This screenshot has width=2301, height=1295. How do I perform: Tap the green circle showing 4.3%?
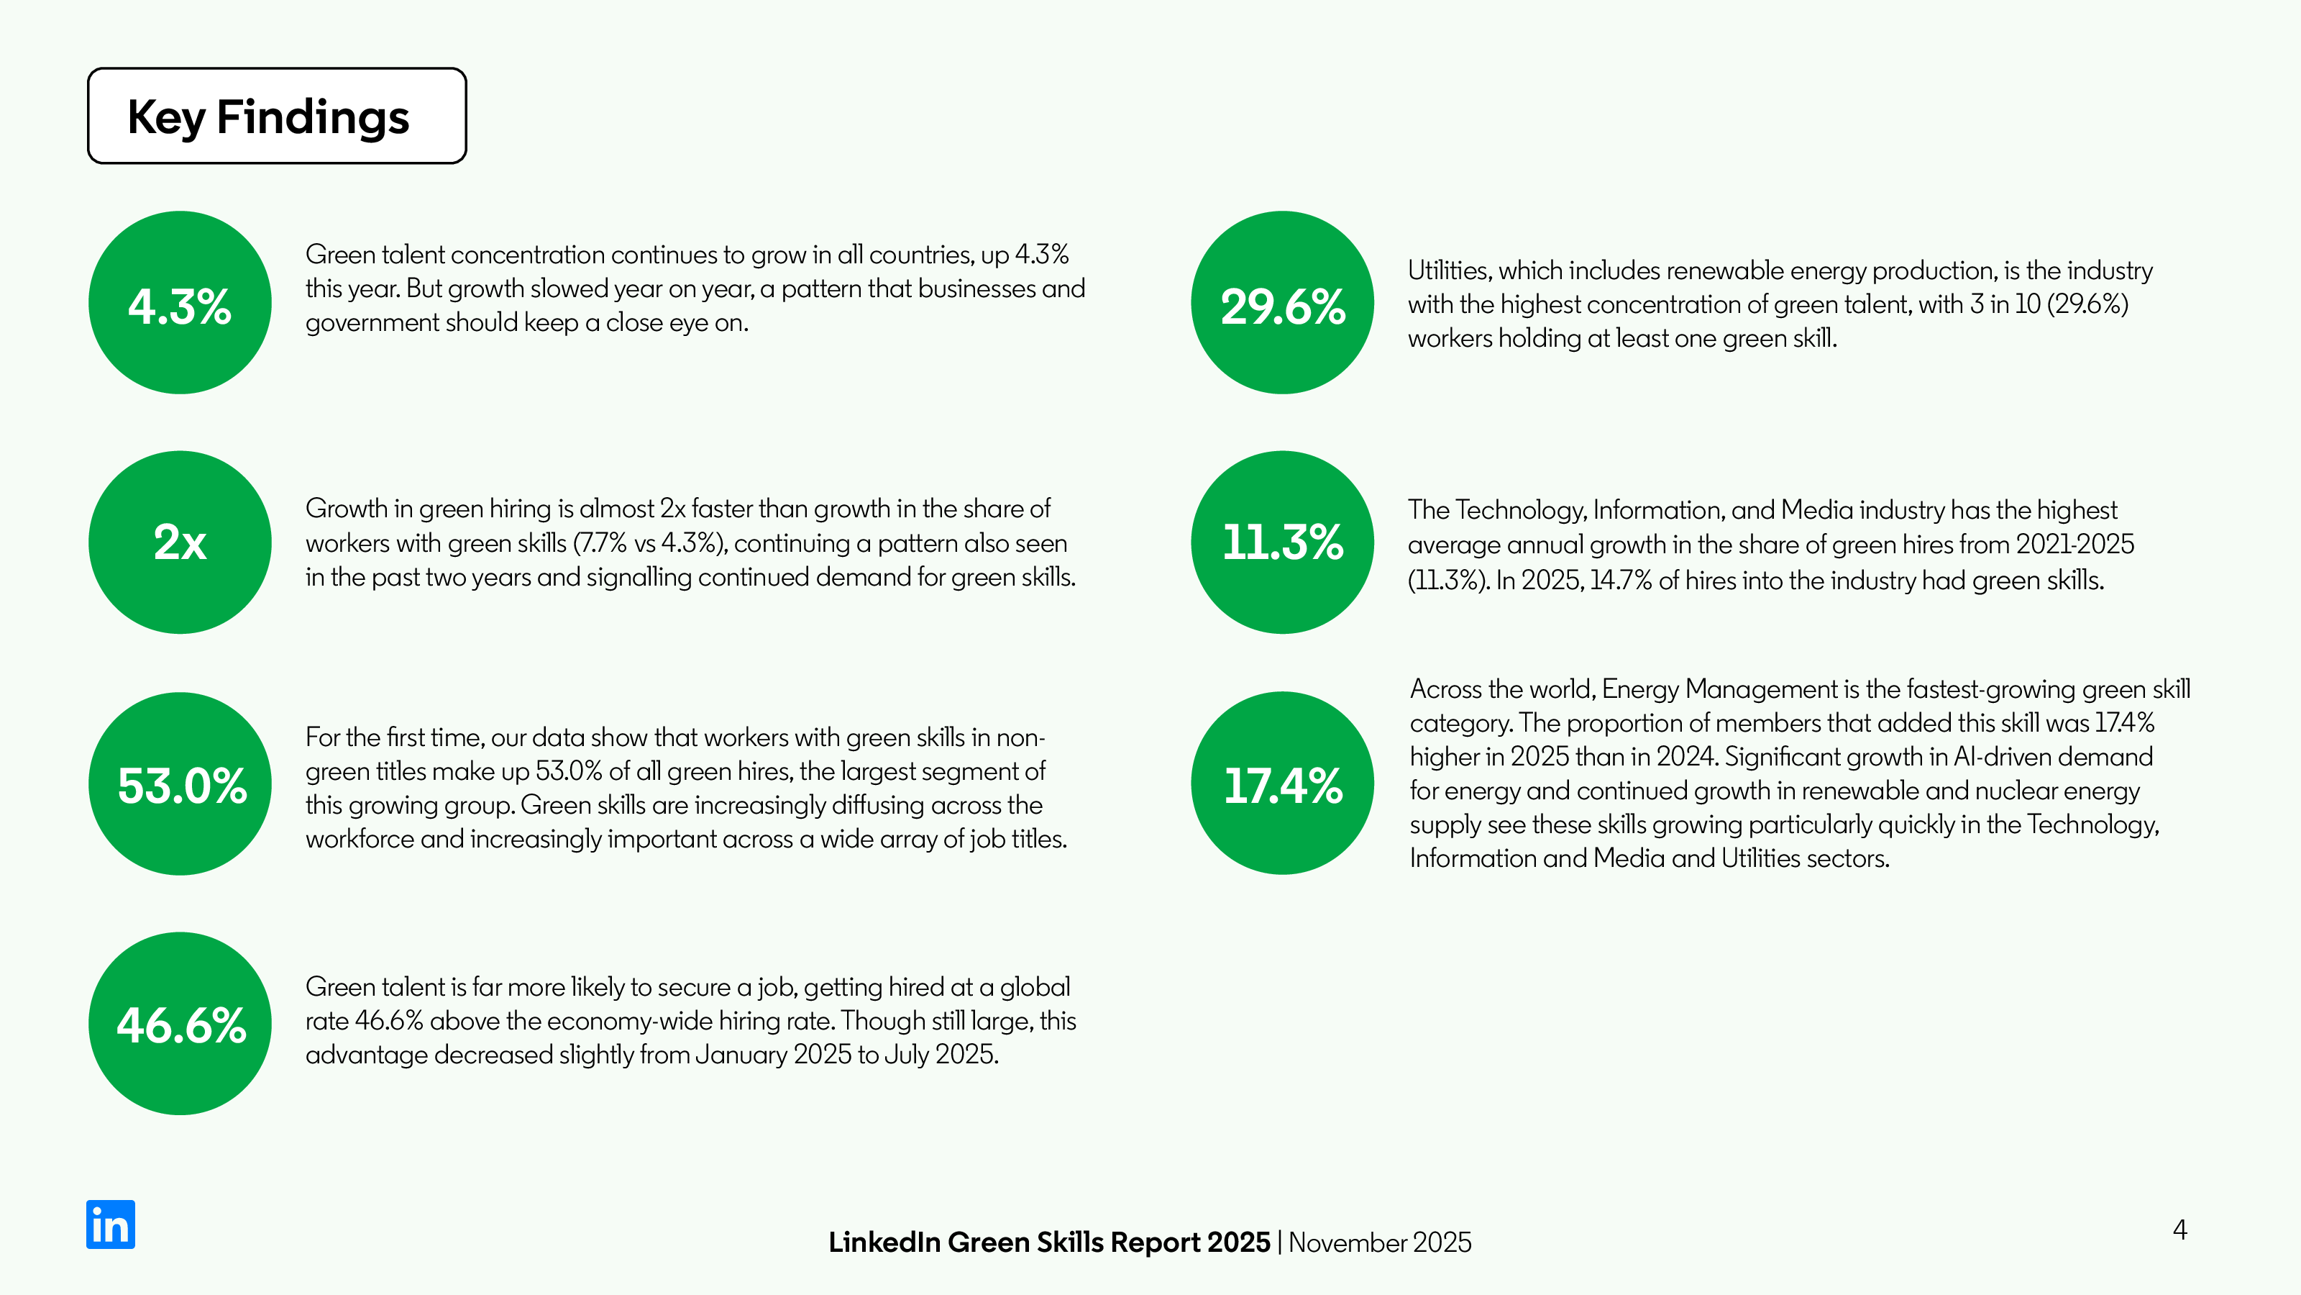(180, 303)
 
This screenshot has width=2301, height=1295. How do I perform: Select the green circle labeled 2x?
(180, 542)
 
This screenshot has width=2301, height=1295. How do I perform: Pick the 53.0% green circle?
(180, 783)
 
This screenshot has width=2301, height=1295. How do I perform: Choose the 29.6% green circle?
(1282, 303)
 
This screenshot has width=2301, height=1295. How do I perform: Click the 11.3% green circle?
(1282, 542)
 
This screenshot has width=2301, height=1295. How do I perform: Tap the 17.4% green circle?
(1282, 783)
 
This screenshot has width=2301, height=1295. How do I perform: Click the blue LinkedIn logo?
(111, 1224)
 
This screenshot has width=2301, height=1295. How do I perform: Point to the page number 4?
(2179, 1231)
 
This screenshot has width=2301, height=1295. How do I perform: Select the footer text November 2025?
(1379, 1243)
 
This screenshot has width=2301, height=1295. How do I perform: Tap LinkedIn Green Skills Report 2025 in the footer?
(1048, 1243)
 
